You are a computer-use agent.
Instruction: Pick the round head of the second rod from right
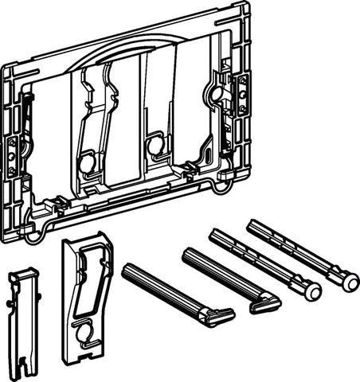(x=312, y=290)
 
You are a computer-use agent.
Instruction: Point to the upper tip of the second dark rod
(x=186, y=252)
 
